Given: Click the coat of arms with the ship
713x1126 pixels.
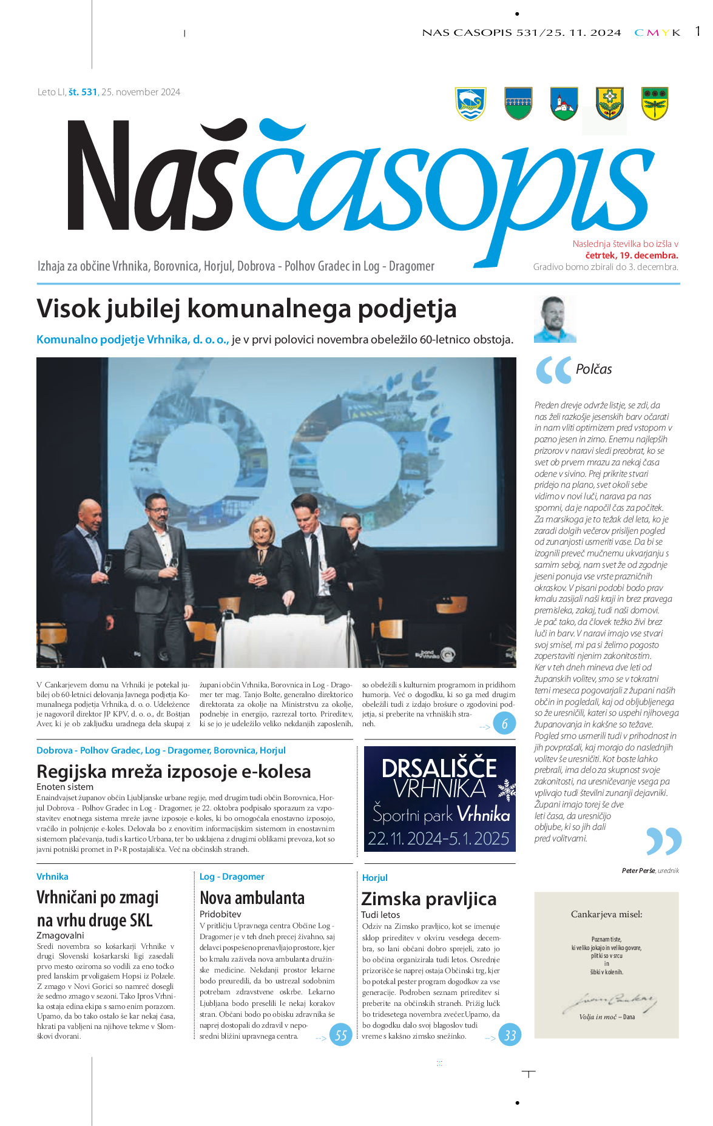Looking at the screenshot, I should click(470, 104).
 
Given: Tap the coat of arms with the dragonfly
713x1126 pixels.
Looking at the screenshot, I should click(655, 104).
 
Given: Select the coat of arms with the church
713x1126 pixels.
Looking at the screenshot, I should click(564, 104).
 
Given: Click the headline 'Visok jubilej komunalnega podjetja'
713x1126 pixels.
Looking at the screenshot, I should click(246, 308).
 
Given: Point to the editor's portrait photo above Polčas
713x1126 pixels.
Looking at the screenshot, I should click(555, 320).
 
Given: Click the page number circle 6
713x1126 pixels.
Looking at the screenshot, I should click(504, 723).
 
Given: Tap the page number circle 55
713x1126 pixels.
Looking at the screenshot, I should click(341, 1035).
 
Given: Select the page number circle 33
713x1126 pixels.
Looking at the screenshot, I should click(510, 1035).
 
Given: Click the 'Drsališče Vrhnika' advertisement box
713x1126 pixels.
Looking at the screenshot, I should click(439, 799).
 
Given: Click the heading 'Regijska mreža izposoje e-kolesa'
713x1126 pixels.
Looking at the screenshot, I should click(174, 771).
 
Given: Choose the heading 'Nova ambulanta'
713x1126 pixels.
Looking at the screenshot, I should click(252, 898).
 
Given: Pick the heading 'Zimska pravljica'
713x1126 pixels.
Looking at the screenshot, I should click(428, 898).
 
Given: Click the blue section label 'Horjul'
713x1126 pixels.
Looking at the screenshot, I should click(374, 878).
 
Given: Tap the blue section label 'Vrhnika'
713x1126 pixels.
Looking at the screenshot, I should click(52, 877).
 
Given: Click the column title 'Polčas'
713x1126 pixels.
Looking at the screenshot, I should click(593, 369).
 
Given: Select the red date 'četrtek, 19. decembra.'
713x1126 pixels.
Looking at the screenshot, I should click(631, 255).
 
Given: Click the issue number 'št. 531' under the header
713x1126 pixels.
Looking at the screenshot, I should click(83, 92).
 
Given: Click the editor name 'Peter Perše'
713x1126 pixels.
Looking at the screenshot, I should click(638, 871).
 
